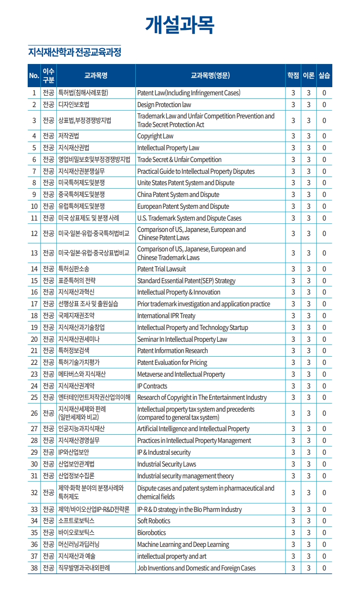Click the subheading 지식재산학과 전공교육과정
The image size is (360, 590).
(75, 52)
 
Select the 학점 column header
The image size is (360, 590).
(293, 75)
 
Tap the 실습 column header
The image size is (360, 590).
(324, 75)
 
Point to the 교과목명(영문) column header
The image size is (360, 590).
(210, 75)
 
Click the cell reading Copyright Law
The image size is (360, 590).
(155, 136)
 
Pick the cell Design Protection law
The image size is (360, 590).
(164, 105)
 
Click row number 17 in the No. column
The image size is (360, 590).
(34, 304)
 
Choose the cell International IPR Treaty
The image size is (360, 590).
(166, 316)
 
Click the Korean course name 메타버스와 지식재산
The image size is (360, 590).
(82, 374)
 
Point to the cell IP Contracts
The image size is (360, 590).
(152, 386)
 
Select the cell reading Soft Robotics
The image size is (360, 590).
(154, 521)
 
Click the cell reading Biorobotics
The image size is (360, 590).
(152, 533)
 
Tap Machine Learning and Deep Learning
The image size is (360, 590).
(183, 545)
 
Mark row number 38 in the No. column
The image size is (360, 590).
(34, 568)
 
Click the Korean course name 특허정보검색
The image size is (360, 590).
(74, 351)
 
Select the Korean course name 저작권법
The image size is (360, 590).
(69, 136)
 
